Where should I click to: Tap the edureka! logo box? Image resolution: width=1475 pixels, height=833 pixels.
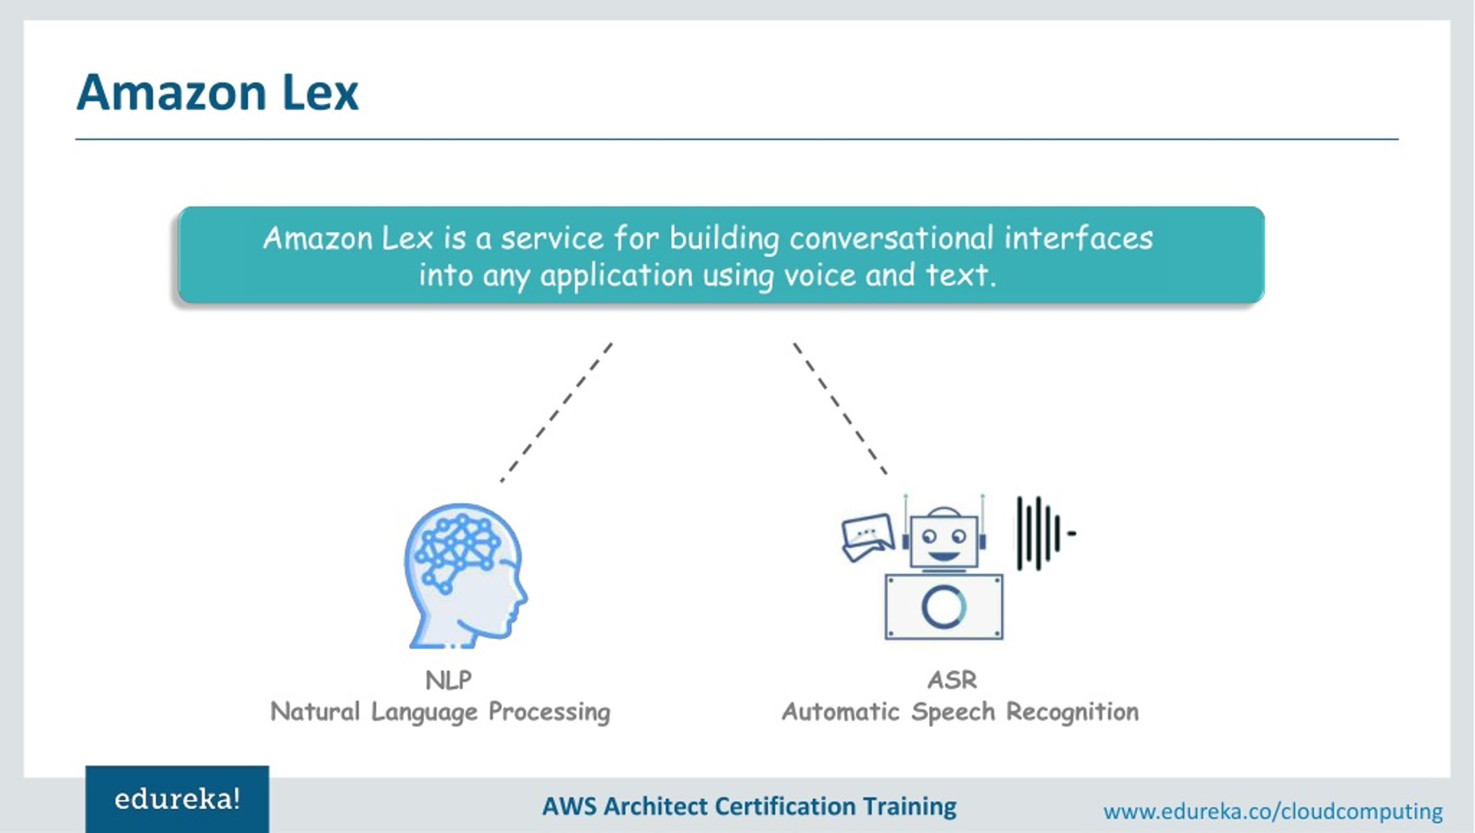(x=177, y=799)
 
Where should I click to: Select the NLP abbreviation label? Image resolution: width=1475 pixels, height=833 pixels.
(x=448, y=680)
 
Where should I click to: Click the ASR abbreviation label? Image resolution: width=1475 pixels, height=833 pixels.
(x=952, y=680)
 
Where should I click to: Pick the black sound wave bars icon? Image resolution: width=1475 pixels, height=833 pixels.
(x=1040, y=533)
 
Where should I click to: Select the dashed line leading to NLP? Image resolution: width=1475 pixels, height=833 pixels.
(x=557, y=412)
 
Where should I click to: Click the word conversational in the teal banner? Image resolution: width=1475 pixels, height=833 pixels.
(x=891, y=238)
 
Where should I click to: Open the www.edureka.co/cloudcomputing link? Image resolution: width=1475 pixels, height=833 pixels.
(x=1273, y=811)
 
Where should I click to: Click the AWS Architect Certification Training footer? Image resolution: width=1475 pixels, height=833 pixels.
(x=749, y=806)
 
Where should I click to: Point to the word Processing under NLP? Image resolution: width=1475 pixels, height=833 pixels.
(x=549, y=712)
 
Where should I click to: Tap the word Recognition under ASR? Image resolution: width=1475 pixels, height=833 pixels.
(x=1072, y=712)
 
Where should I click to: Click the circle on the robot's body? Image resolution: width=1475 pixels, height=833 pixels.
(x=944, y=606)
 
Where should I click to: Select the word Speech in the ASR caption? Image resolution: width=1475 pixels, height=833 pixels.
(x=953, y=712)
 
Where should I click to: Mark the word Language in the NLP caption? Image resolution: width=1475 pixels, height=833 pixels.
(x=424, y=712)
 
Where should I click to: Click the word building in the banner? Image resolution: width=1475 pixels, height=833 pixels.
(x=724, y=238)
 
